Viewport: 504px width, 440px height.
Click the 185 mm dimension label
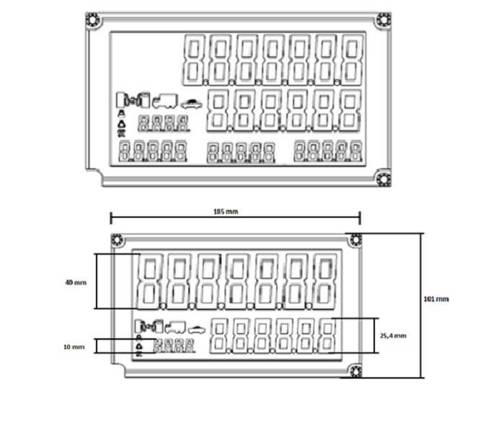pos(226,211)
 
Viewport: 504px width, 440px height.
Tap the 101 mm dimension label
pos(436,299)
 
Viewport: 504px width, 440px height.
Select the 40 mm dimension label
pos(76,283)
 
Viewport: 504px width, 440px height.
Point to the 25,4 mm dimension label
pos(393,336)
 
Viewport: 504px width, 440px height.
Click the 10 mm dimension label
pos(74,347)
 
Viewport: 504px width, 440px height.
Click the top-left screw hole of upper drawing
pos(92,20)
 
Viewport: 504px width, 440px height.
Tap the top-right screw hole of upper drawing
pos(383,20)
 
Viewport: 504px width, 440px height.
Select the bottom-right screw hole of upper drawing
pos(383,179)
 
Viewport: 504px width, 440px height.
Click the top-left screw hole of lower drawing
pos(117,240)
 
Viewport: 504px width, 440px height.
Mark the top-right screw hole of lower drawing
pos(355,240)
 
